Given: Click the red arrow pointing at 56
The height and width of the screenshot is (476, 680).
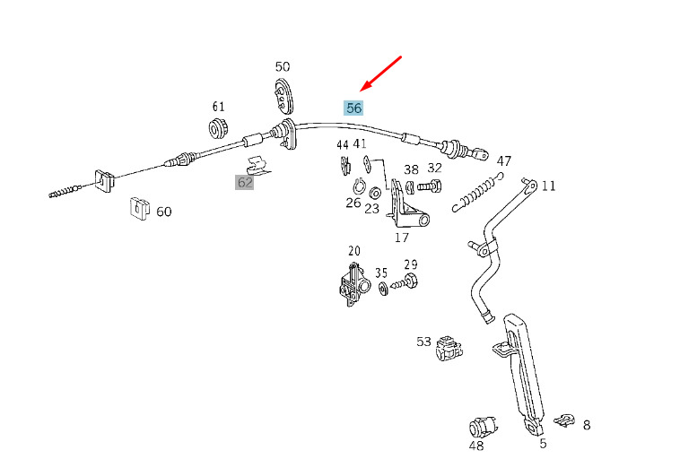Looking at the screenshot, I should click(x=380, y=74).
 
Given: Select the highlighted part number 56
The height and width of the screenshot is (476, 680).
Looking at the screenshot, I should click(x=354, y=108).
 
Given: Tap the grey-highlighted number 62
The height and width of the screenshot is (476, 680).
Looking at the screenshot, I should click(x=245, y=182).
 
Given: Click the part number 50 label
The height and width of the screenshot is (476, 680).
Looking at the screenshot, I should click(x=283, y=66).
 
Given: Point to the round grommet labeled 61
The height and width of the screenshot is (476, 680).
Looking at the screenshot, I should click(x=219, y=126).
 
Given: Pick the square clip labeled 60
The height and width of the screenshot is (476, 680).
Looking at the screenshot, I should click(x=137, y=208).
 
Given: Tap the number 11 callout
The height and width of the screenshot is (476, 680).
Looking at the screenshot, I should click(x=548, y=186).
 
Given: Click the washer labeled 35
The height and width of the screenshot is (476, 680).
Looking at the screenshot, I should click(x=383, y=289).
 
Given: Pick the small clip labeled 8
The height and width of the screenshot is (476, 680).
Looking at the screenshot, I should click(x=564, y=420).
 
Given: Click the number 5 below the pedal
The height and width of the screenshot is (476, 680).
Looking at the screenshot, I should click(x=543, y=443).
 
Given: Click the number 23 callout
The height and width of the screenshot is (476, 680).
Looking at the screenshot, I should click(x=371, y=206).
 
